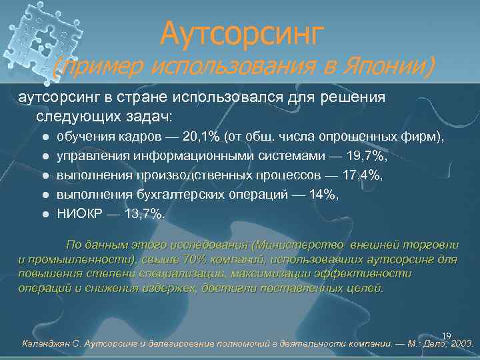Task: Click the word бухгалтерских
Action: pyautogui.click(x=169, y=195)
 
